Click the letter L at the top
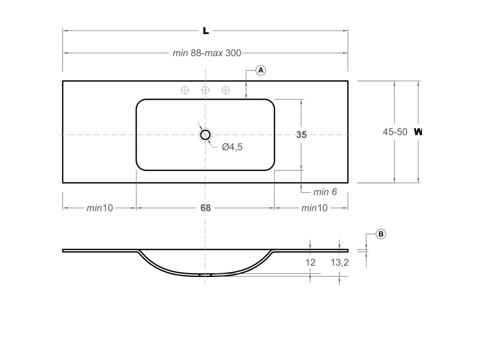click(x=206, y=31)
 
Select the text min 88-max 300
click(x=207, y=53)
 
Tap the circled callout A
click(x=261, y=70)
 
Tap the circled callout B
click(x=381, y=234)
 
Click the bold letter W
click(x=418, y=132)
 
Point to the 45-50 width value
click(x=395, y=132)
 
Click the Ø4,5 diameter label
click(x=232, y=147)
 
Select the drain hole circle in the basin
click(x=205, y=135)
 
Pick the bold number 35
click(x=301, y=135)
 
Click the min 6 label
click(x=325, y=192)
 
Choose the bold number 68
click(x=205, y=208)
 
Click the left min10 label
click(x=100, y=208)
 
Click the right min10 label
click(x=314, y=208)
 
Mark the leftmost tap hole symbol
click(x=185, y=90)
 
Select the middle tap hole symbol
click(x=205, y=90)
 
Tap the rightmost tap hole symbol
click(x=226, y=90)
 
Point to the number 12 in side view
click(x=310, y=262)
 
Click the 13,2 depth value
click(x=339, y=262)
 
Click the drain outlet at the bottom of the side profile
click(x=205, y=275)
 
